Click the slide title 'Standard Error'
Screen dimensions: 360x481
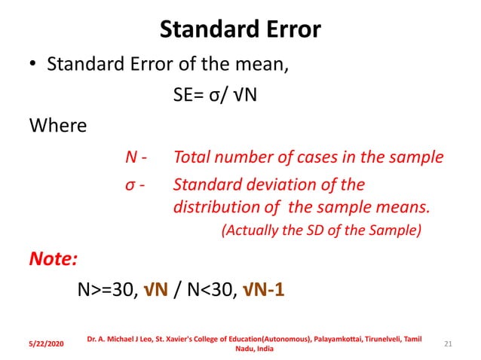point(240,29)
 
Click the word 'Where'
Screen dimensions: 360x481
point(57,125)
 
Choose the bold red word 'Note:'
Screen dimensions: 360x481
point(54,260)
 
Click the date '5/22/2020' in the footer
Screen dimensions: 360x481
point(45,343)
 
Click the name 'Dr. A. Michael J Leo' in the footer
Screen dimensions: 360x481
point(120,339)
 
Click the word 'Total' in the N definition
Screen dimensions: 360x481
point(191,159)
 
